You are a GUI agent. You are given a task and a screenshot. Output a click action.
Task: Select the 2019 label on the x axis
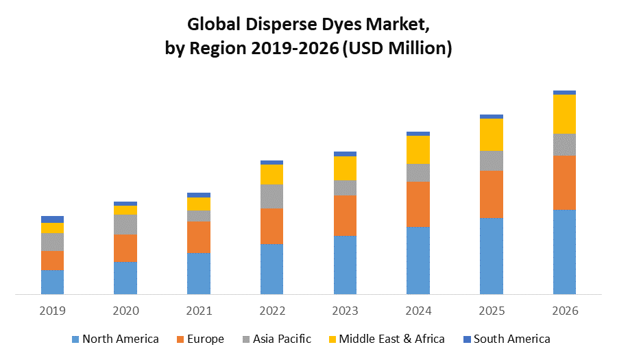(52, 311)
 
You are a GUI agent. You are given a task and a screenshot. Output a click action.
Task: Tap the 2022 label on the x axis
(272, 311)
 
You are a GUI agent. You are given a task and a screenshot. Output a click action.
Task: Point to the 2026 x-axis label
(564, 311)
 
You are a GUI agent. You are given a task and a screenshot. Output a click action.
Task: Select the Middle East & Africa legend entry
(385, 339)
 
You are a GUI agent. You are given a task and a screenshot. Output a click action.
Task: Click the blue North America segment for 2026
(564, 252)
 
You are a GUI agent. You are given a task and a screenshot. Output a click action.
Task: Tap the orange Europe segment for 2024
(418, 204)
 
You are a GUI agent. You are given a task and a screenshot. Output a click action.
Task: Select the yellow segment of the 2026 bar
(564, 114)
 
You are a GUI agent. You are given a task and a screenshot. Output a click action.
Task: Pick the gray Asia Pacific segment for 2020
(125, 224)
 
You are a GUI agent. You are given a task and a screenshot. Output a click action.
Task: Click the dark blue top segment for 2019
(52, 219)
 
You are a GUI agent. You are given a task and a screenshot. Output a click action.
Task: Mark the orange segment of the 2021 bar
(199, 237)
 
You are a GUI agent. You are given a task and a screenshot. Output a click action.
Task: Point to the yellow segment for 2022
(272, 174)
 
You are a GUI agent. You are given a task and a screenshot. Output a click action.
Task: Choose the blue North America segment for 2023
(345, 265)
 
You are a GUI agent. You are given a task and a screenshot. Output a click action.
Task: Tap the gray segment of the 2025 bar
(492, 160)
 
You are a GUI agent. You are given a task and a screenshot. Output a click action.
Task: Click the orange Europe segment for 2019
(52, 260)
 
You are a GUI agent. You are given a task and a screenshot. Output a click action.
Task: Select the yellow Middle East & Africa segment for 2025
(492, 134)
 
